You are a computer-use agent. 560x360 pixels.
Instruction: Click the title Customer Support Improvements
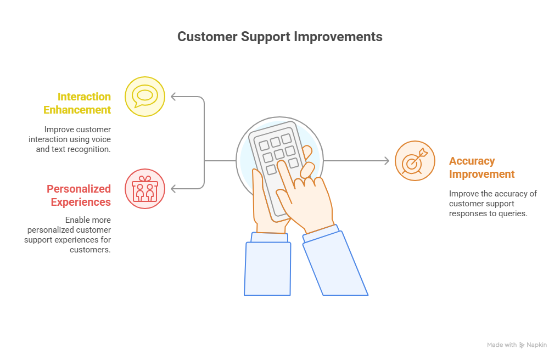click(x=279, y=37)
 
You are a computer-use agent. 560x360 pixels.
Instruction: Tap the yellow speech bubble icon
click(x=144, y=97)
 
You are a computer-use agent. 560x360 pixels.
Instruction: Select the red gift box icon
click(x=144, y=189)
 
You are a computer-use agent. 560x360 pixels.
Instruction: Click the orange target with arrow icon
click(x=415, y=161)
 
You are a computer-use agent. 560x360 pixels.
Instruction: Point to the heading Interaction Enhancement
click(x=77, y=103)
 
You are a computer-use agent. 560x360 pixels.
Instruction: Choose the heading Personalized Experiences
click(x=79, y=195)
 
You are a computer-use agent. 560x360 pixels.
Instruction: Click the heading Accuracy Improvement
click(x=482, y=167)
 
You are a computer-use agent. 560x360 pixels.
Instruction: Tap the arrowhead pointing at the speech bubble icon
click(x=173, y=97)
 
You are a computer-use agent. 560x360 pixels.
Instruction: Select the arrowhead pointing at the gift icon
click(x=173, y=189)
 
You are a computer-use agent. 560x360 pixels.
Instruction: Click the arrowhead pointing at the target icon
click(x=387, y=161)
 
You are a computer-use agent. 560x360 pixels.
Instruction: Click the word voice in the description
click(x=102, y=139)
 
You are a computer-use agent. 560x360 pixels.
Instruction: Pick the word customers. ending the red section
click(x=90, y=250)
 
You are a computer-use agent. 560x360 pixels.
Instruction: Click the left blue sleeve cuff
click(x=270, y=238)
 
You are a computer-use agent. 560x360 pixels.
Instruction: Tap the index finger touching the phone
click(x=286, y=175)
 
